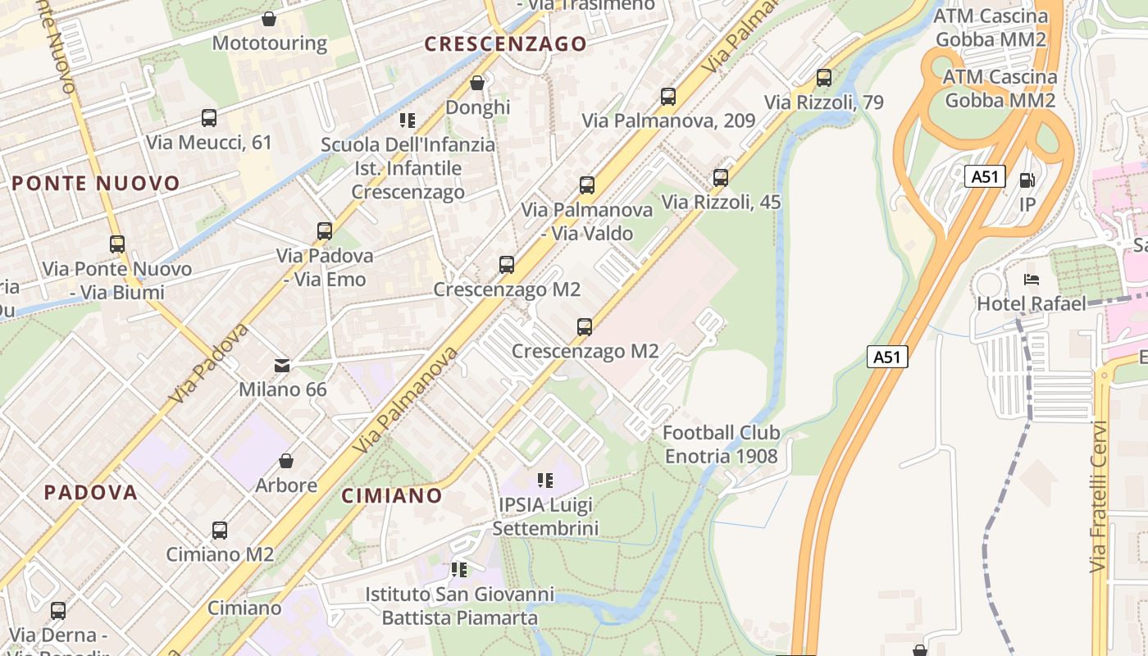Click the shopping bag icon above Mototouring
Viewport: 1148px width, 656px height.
(269, 18)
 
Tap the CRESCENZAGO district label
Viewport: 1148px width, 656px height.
(506, 44)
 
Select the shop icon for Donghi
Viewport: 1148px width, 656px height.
(477, 83)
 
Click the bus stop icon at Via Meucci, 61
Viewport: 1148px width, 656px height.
(209, 118)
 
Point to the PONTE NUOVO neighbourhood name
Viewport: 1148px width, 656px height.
(96, 183)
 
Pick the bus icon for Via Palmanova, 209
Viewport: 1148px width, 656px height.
(668, 97)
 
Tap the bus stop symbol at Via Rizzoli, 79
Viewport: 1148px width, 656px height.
(824, 79)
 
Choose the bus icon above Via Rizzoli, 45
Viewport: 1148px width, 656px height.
(721, 178)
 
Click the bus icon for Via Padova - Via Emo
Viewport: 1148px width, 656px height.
(325, 231)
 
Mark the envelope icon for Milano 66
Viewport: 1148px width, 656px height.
(282, 365)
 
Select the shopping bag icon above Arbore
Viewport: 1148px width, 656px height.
(286, 461)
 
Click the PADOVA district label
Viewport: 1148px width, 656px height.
(90, 493)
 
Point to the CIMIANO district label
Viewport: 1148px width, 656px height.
(392, 495)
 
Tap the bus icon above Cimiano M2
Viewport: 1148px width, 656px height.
(220, 531)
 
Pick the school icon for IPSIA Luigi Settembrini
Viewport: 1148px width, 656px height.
(545, 480)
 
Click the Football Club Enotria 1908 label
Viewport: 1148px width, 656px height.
(721, 444)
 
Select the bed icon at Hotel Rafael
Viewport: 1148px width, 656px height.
(1032, 280)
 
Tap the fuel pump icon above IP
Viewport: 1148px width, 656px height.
(1027, 180)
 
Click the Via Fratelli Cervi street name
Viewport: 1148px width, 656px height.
(1099, 497)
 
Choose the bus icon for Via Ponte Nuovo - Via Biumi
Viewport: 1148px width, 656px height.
(117, 244)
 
